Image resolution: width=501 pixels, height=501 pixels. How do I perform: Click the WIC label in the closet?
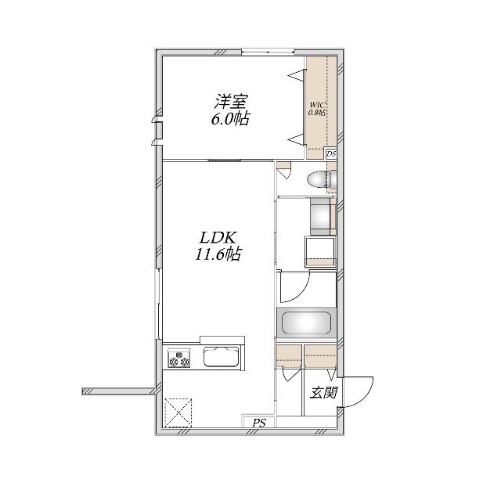point(317,104)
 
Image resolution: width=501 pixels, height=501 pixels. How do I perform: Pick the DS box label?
point(331,154)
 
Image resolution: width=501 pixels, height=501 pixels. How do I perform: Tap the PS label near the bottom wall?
point(258,424)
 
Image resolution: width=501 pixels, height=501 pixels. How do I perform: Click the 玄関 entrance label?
point(323,393)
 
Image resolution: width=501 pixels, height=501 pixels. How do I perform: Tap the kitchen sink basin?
point(223,359)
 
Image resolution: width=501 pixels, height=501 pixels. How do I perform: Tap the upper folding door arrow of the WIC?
point(297,76)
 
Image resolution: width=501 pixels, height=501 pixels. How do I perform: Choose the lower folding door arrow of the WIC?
point(297,139)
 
